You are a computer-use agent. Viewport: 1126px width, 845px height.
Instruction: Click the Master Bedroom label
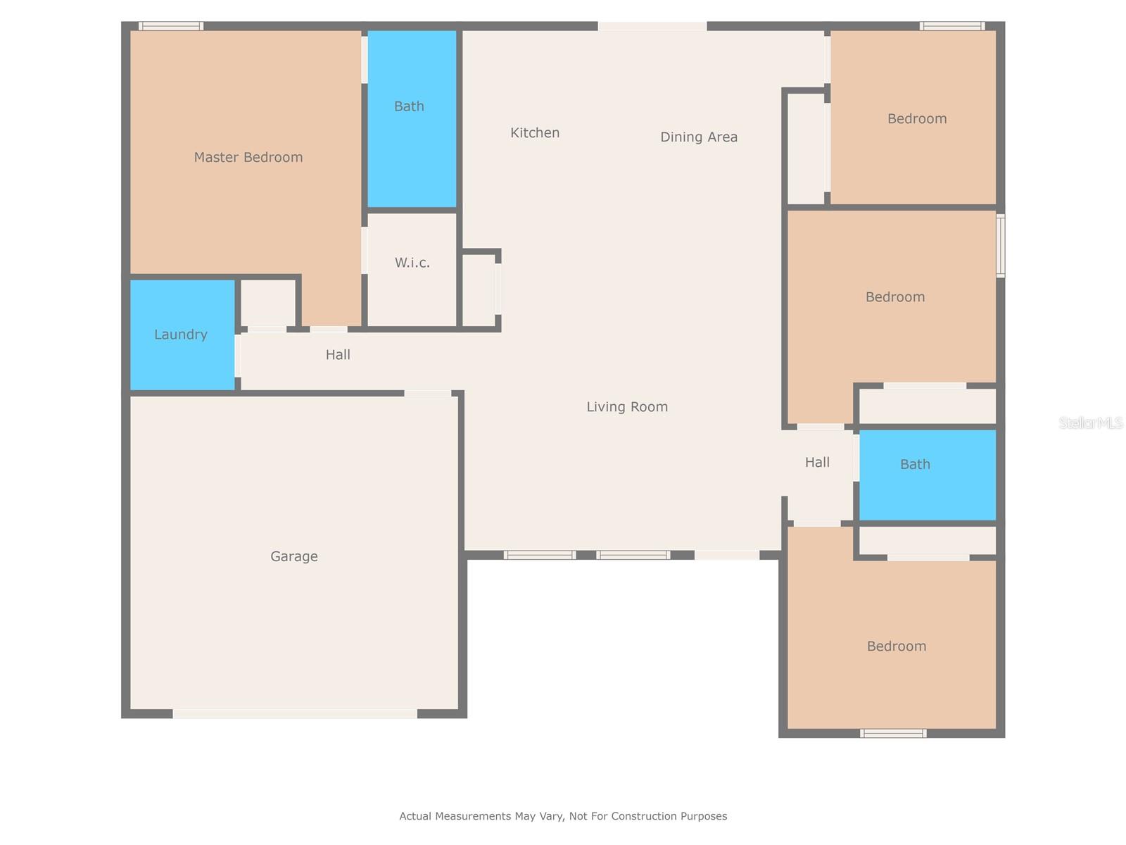pyautogui.click(x=248, y=157)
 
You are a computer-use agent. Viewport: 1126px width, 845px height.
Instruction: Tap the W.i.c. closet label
pyautogui.click(x=412, y=263)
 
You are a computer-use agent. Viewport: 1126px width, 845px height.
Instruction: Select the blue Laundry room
pyautogui.click(x=182, y=334)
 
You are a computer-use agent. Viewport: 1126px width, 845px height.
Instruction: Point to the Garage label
pyautogui.click(x=294, y=556)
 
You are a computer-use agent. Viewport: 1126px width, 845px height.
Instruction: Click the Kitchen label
pyautogui.click(x=535, y=132)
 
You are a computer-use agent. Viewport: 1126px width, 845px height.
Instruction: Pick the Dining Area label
pyautogui.click(x=699, y=137)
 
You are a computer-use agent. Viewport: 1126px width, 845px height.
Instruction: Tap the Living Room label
pyautogui.click(x=627, y=406)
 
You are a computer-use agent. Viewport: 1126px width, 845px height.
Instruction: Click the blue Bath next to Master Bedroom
pyautogui.click(x=412, y=120)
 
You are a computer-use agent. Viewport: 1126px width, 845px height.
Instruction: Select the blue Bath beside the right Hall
pyautogui.click(x=927, y=475)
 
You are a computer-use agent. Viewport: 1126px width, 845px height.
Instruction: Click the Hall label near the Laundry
pyautogui.click(x=338, y=354)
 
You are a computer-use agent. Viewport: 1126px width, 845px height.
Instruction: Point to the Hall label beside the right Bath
pyautogui.click(x=817, y=462)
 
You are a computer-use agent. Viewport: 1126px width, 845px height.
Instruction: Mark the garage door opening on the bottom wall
pyautogui.click(x=295, y=713)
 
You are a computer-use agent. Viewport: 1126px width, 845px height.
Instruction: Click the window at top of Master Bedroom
pyautogui.click(x=171, y=26)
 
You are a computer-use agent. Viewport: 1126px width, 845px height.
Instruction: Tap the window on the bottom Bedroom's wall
pyautogui.click(x=892, y=734)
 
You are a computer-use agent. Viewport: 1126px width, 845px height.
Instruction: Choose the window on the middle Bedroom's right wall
pyautogui.click(x=1000, y=245)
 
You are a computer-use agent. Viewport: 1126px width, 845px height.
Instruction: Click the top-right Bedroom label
pyautogui.click(x=917, y=118)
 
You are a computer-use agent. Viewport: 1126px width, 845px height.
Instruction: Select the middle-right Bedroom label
pyautogui.click(x=895, y=296)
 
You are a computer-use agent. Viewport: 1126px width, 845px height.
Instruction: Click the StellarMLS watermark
pyautogui.click(x=1091, y=423)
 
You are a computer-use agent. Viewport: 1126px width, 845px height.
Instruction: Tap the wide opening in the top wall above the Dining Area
pyautogui.click(x=652, y=26)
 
